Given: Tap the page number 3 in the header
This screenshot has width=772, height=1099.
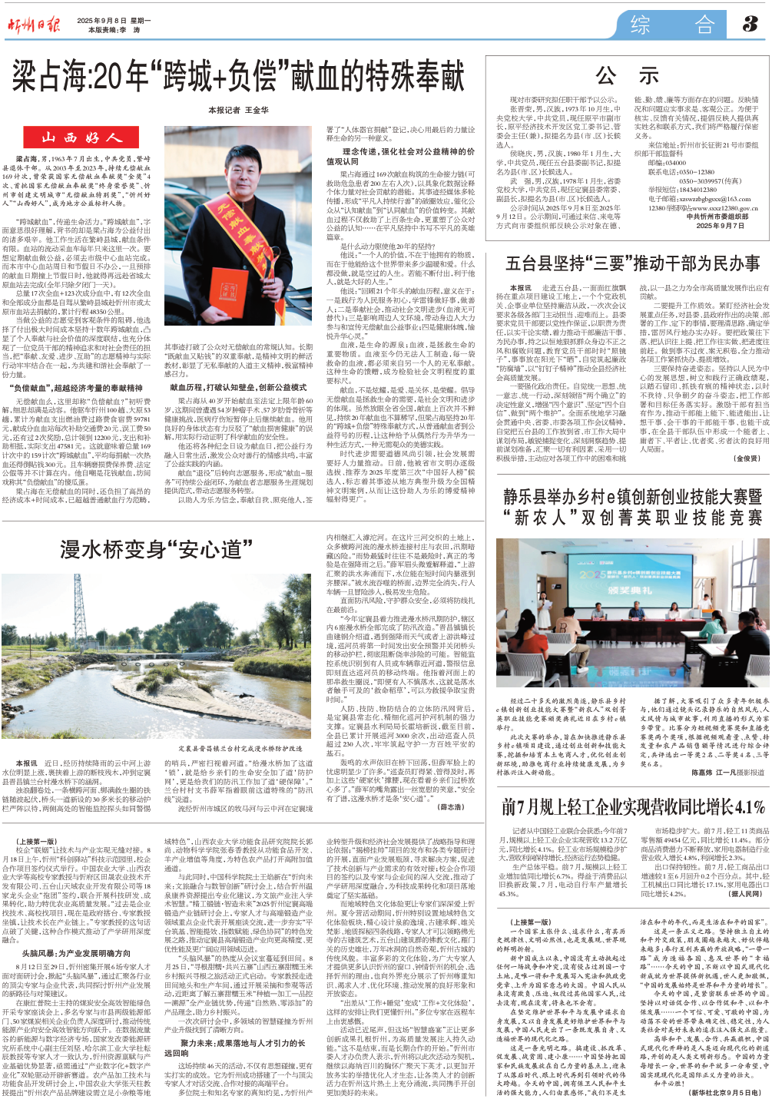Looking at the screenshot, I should click(x=750, y=25).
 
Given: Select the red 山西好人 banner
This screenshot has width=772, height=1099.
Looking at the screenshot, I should click(x=81, y=138).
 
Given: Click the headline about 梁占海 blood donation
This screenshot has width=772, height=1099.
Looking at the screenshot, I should click(x=238, y=77).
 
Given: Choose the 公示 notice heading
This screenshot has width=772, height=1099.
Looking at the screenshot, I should click(x=628, y=76).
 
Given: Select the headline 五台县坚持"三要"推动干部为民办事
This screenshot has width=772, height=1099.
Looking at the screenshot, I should click(x=632, y=264).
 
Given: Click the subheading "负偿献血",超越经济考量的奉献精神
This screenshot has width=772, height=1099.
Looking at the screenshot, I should click(x=76, y=389).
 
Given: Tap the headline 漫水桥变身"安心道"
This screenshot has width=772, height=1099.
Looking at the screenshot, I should click(x=157, y=549).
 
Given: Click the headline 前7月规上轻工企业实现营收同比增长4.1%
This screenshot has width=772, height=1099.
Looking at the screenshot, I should click(x=633, y=807).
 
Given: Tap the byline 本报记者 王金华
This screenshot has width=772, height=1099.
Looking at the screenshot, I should click(x=238, y=110).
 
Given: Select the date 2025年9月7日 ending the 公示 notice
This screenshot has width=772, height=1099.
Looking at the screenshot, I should click(x=719, y=226).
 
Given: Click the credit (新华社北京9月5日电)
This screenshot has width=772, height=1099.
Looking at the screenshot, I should click(x=724, y=1091).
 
